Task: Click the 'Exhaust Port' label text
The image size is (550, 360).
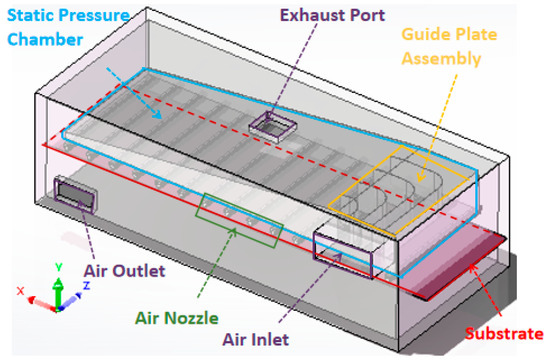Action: click(x=333, y=15)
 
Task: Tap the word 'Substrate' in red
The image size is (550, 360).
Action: click(x=504, y=333)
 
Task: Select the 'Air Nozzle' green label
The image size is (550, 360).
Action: click(x=177, y=318)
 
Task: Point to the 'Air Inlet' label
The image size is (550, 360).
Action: click(x=256, y=339)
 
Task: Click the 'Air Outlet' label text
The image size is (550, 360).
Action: click(x=124, y=271)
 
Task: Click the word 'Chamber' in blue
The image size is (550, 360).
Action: click(x=45, y=39)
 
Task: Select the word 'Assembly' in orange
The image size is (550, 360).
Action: click(x=441, y=58)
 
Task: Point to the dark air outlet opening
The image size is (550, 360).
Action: click(x=75, y=194)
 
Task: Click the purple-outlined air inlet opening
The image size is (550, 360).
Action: click(x=342, y=253)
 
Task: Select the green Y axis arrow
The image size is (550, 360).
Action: click(x=59, y=294)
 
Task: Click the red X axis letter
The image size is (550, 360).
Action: click(x=21, y=291)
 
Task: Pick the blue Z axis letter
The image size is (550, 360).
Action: click(x=86, y=286)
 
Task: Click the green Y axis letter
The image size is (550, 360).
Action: click(x=59, y=267)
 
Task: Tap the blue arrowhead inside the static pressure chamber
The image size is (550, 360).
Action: click(x=158, y=114)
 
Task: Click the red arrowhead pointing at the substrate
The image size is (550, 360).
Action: click(x=473, y=268)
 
